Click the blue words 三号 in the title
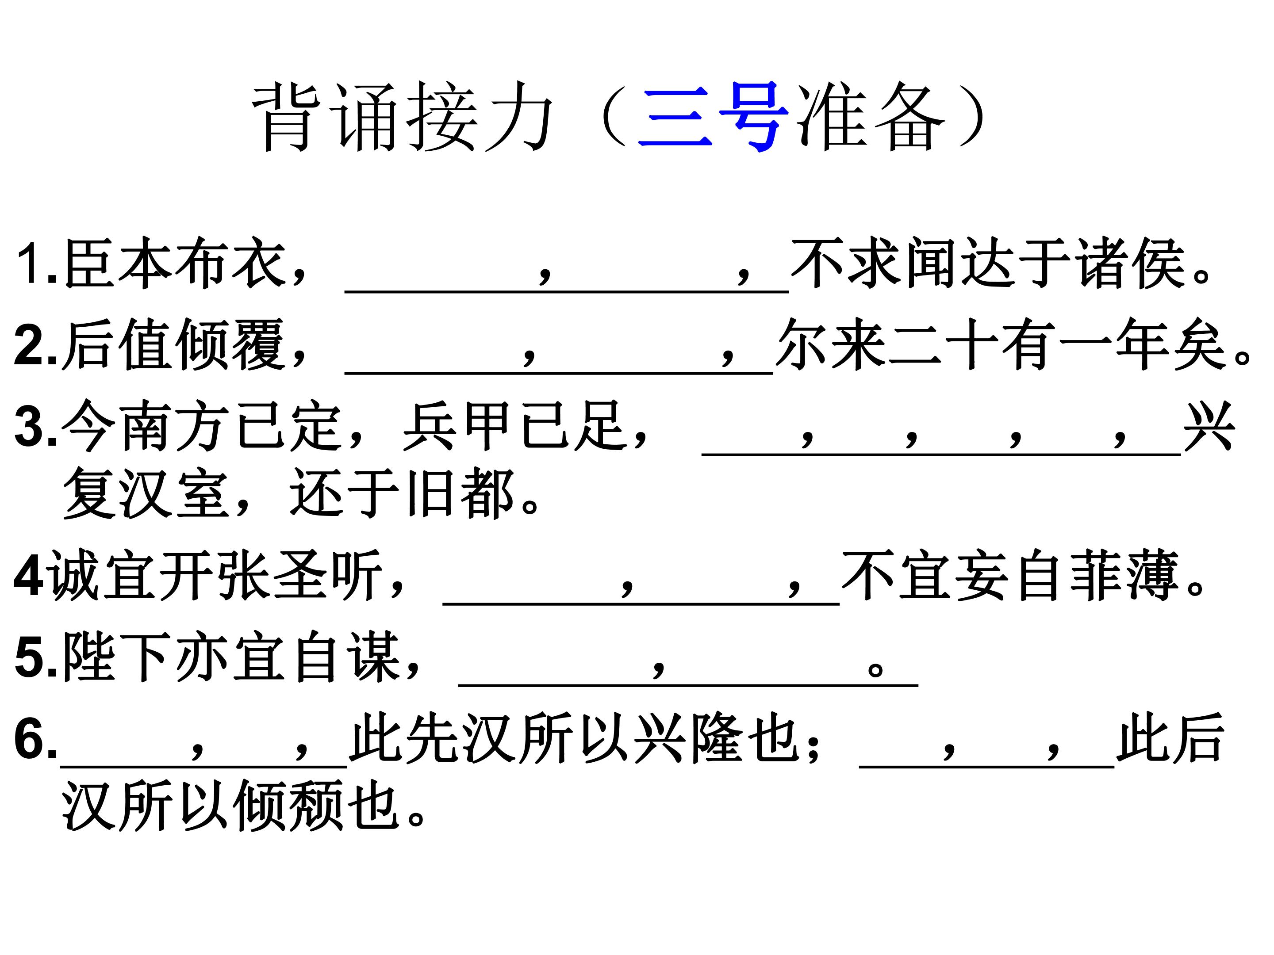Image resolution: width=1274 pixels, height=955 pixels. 713,116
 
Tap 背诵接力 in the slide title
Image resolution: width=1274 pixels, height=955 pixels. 403,116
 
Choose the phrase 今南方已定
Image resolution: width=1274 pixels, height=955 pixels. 202,426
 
